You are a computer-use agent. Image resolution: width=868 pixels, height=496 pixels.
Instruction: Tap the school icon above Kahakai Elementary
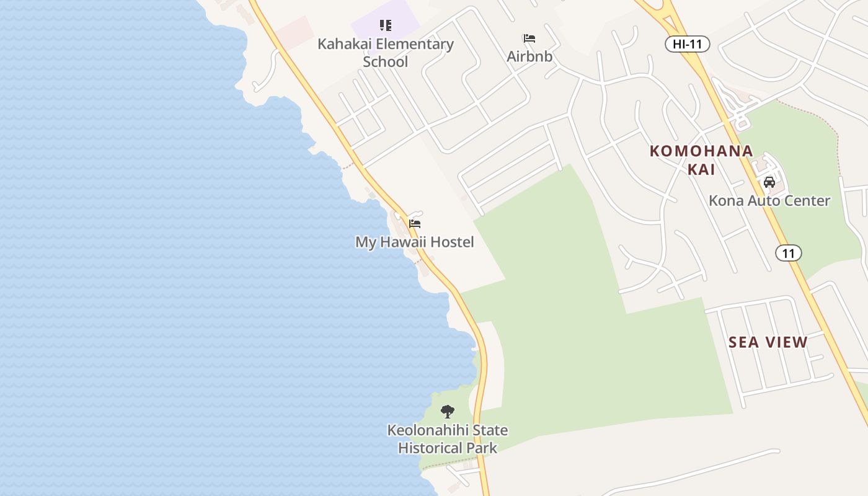click(x=386, y=25)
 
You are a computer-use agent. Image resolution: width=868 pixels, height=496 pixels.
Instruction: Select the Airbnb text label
click(x=529, y=56)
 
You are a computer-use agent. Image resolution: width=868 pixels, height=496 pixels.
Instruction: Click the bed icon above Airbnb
click(x=529, y=38)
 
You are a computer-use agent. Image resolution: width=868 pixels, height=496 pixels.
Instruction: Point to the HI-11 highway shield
click(x=687, y=43)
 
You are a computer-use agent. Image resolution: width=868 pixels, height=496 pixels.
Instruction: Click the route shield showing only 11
click(x=788, y=253)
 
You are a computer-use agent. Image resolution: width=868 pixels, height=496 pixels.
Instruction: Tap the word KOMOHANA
click(x=701, y=151)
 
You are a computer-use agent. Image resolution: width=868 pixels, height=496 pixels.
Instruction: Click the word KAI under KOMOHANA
click(x=701, y=169)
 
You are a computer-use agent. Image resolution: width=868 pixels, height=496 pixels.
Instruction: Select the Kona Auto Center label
click(x=769, y=200)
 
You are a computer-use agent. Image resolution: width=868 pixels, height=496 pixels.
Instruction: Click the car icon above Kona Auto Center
click(x=769, y=182)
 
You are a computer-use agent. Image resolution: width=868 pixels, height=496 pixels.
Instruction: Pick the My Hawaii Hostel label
click(x=414, y=242)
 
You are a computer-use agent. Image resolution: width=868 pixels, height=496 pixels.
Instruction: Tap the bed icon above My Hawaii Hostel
click(x=415, y=224)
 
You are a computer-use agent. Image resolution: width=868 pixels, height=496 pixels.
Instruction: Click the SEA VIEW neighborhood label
click(x=768, y=342)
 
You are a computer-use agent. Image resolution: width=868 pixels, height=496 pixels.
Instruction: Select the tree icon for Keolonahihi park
click(x=447, y=411)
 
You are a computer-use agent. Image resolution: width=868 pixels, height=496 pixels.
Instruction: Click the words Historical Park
click(x=448, y=448)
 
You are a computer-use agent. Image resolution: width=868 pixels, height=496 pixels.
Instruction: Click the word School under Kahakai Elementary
click(x=386, y=62)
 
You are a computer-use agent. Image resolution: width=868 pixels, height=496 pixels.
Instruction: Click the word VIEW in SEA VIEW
click(x=786, y=342)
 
